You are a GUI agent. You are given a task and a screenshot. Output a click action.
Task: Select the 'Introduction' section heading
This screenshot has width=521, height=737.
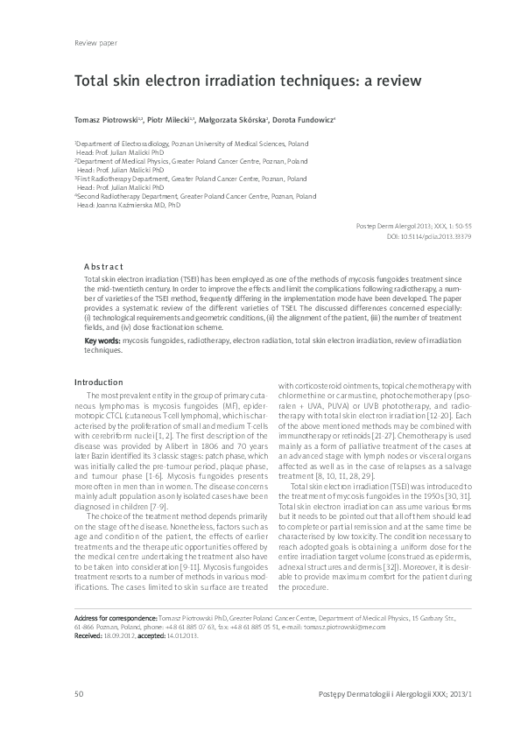99,382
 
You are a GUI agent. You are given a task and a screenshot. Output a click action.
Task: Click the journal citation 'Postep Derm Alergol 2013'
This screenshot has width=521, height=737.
396,226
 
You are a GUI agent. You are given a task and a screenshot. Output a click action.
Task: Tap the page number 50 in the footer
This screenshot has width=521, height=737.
80,694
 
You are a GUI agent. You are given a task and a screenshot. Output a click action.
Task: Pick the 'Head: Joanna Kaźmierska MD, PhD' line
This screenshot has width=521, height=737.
129,206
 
